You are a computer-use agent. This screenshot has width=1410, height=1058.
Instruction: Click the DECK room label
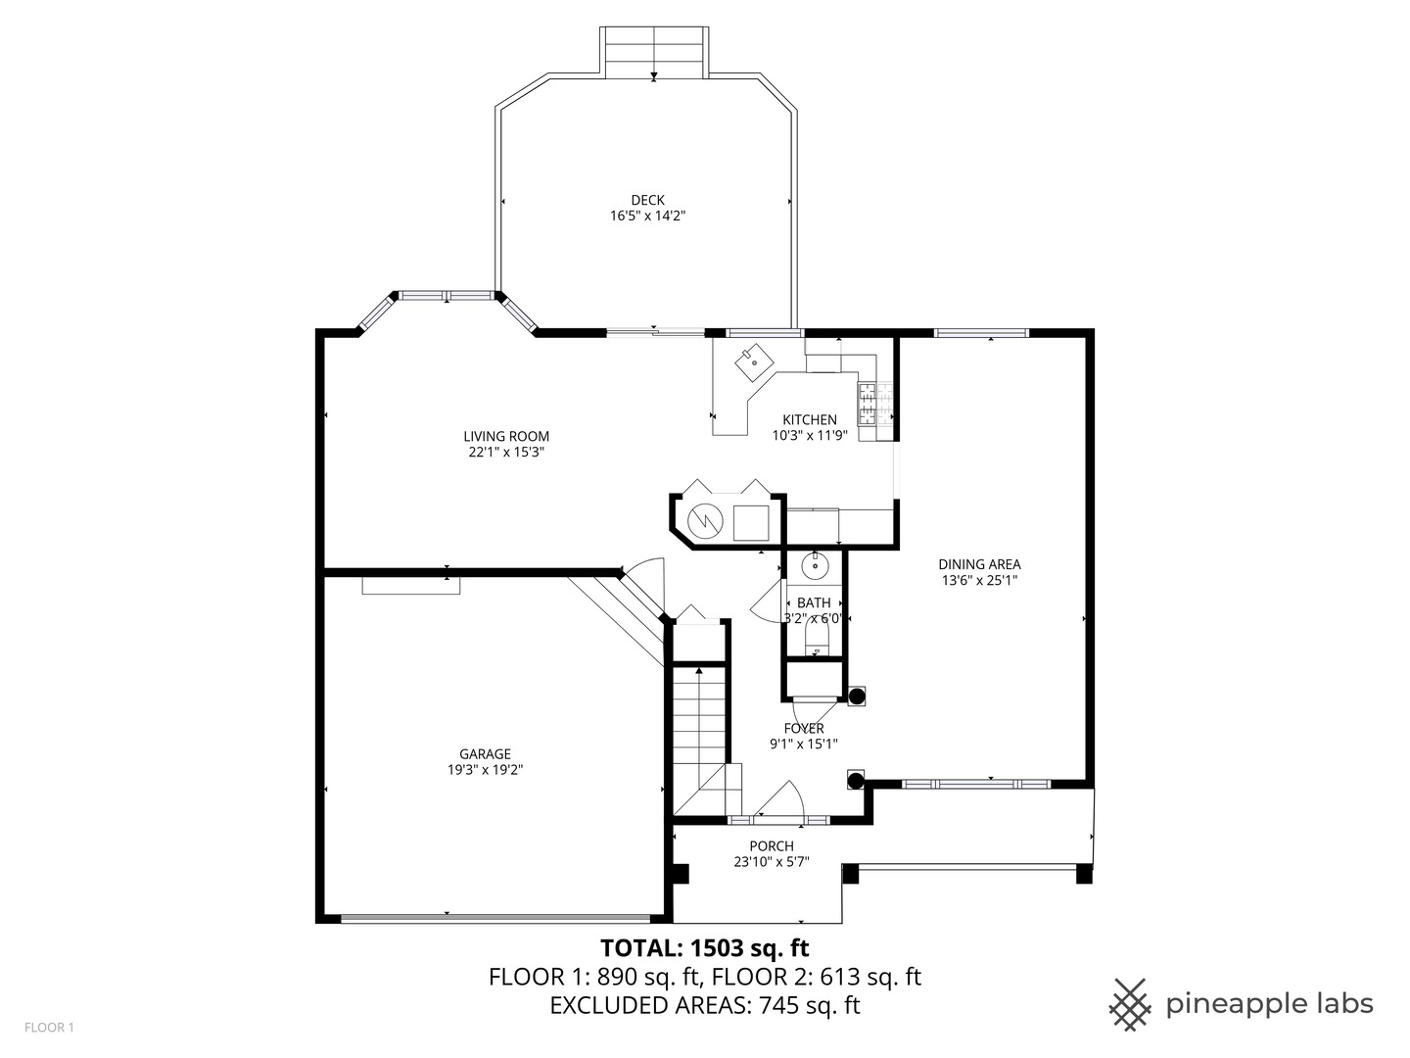coord(647,200)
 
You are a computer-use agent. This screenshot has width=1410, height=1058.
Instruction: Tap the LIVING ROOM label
coord(505,436)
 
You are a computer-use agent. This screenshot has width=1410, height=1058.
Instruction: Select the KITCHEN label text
coord(809,419)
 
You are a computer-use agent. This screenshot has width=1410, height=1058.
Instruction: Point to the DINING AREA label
coord(979,563)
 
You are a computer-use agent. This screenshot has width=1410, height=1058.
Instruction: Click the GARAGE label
coord(486,753)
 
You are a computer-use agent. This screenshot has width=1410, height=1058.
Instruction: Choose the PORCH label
coord(772,845)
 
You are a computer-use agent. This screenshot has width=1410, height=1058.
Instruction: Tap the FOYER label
coord(804,728)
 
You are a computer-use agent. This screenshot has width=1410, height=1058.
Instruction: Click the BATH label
coord(814,602)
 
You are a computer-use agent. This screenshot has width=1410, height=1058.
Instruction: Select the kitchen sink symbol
coord(753,361)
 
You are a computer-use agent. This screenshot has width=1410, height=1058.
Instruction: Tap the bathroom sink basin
coord(815,564)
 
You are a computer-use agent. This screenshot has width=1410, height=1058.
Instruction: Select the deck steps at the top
coord(654,54)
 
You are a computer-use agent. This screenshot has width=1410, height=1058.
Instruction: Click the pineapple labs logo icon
coord(1130,1004)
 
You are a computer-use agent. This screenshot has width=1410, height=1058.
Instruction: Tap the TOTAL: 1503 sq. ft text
coord(704,947)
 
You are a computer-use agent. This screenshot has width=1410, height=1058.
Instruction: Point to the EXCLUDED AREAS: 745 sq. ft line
coord(704,1005)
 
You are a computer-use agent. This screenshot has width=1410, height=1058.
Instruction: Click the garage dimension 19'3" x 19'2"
coord(486,770)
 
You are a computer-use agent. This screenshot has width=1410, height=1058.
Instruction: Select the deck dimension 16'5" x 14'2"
coord(647,216)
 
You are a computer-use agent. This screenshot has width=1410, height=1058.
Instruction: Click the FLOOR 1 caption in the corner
coord(49,1028)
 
